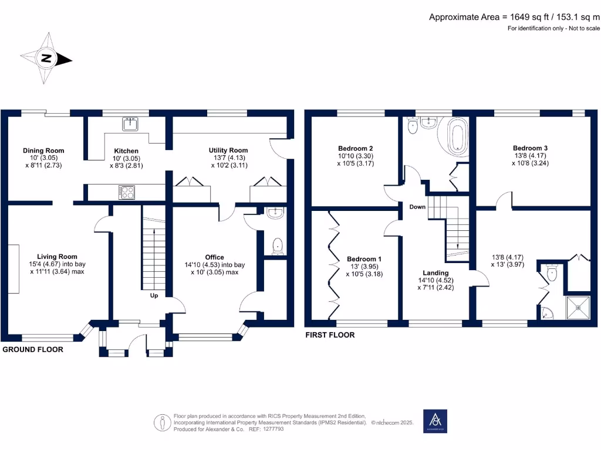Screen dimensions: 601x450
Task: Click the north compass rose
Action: pos(48,59)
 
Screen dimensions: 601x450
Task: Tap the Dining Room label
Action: pos(43,151)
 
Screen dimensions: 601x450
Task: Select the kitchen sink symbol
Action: pos(130,124)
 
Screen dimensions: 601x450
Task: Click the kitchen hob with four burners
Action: pos(127,191)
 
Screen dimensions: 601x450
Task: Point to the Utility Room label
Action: pos(228,151)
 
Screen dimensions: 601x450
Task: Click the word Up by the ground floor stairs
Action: pos(154,296)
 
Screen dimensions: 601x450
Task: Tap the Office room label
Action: pos(214,257)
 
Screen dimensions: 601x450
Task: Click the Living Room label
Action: pos(57,257)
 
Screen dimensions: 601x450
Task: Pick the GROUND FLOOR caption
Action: pos(33,349)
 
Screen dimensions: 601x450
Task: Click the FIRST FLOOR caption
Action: pos(329,335)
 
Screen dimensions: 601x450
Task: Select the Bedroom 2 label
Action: pos(356,148)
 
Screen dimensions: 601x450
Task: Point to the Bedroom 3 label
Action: pos(530,148)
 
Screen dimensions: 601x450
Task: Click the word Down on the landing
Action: pos(418,207)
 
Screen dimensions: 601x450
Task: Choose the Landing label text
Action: pos(435,273)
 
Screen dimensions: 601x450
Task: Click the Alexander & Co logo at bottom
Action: pos(435,421)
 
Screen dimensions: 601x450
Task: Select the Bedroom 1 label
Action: pos(364,259)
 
